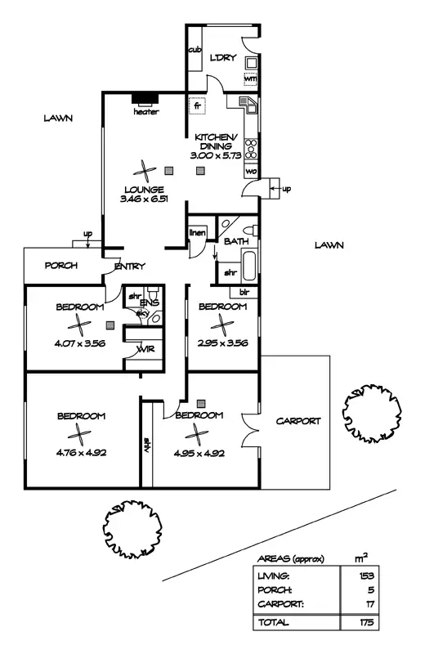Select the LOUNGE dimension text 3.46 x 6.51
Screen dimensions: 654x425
point(145,199)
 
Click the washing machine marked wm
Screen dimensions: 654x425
point(251,78)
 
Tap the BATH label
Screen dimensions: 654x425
point(236,241)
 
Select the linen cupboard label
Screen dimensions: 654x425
point(197,234)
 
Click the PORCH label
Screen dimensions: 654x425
point(60,265)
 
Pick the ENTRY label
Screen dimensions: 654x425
point(130,266)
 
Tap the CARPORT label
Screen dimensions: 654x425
point(297,421)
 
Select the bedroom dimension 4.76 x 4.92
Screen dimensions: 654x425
point(81,451)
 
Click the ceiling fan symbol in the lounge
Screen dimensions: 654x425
point(145,171)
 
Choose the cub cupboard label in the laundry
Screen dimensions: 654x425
point(195,50)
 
